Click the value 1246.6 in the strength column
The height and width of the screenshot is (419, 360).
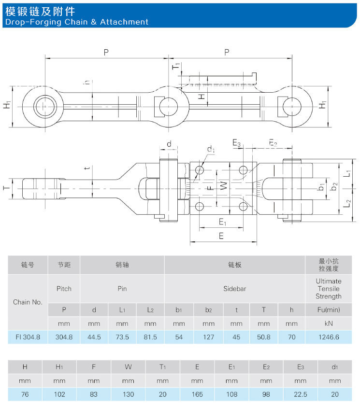point(329,337)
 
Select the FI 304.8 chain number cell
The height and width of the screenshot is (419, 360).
point(28,337)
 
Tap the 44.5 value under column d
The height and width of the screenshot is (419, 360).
point(94,337)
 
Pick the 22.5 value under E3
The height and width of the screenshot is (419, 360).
point(301,394)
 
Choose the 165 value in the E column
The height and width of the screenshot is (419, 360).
point(197,394)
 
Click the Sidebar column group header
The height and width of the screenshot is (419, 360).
point(234,289)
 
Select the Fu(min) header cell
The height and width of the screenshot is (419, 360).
point(329,310)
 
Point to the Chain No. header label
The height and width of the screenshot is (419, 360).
point(28,302)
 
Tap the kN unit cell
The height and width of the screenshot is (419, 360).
point(329,323)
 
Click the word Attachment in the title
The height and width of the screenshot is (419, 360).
point(124,22)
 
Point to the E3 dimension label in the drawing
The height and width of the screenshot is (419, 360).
point(236,143)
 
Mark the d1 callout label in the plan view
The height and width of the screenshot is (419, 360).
point(211,149)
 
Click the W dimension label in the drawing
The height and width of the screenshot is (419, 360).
point(224,185)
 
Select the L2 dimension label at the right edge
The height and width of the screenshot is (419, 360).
point(347,203)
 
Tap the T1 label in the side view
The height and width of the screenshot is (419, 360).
point(176,66)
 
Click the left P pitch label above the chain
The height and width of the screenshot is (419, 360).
point(106,52)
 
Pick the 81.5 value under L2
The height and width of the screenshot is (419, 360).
point(150,337)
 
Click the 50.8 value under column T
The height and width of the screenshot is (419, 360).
point(264,337)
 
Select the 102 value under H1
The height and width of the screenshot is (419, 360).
point(59,394)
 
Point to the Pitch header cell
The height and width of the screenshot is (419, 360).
point(64,289)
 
